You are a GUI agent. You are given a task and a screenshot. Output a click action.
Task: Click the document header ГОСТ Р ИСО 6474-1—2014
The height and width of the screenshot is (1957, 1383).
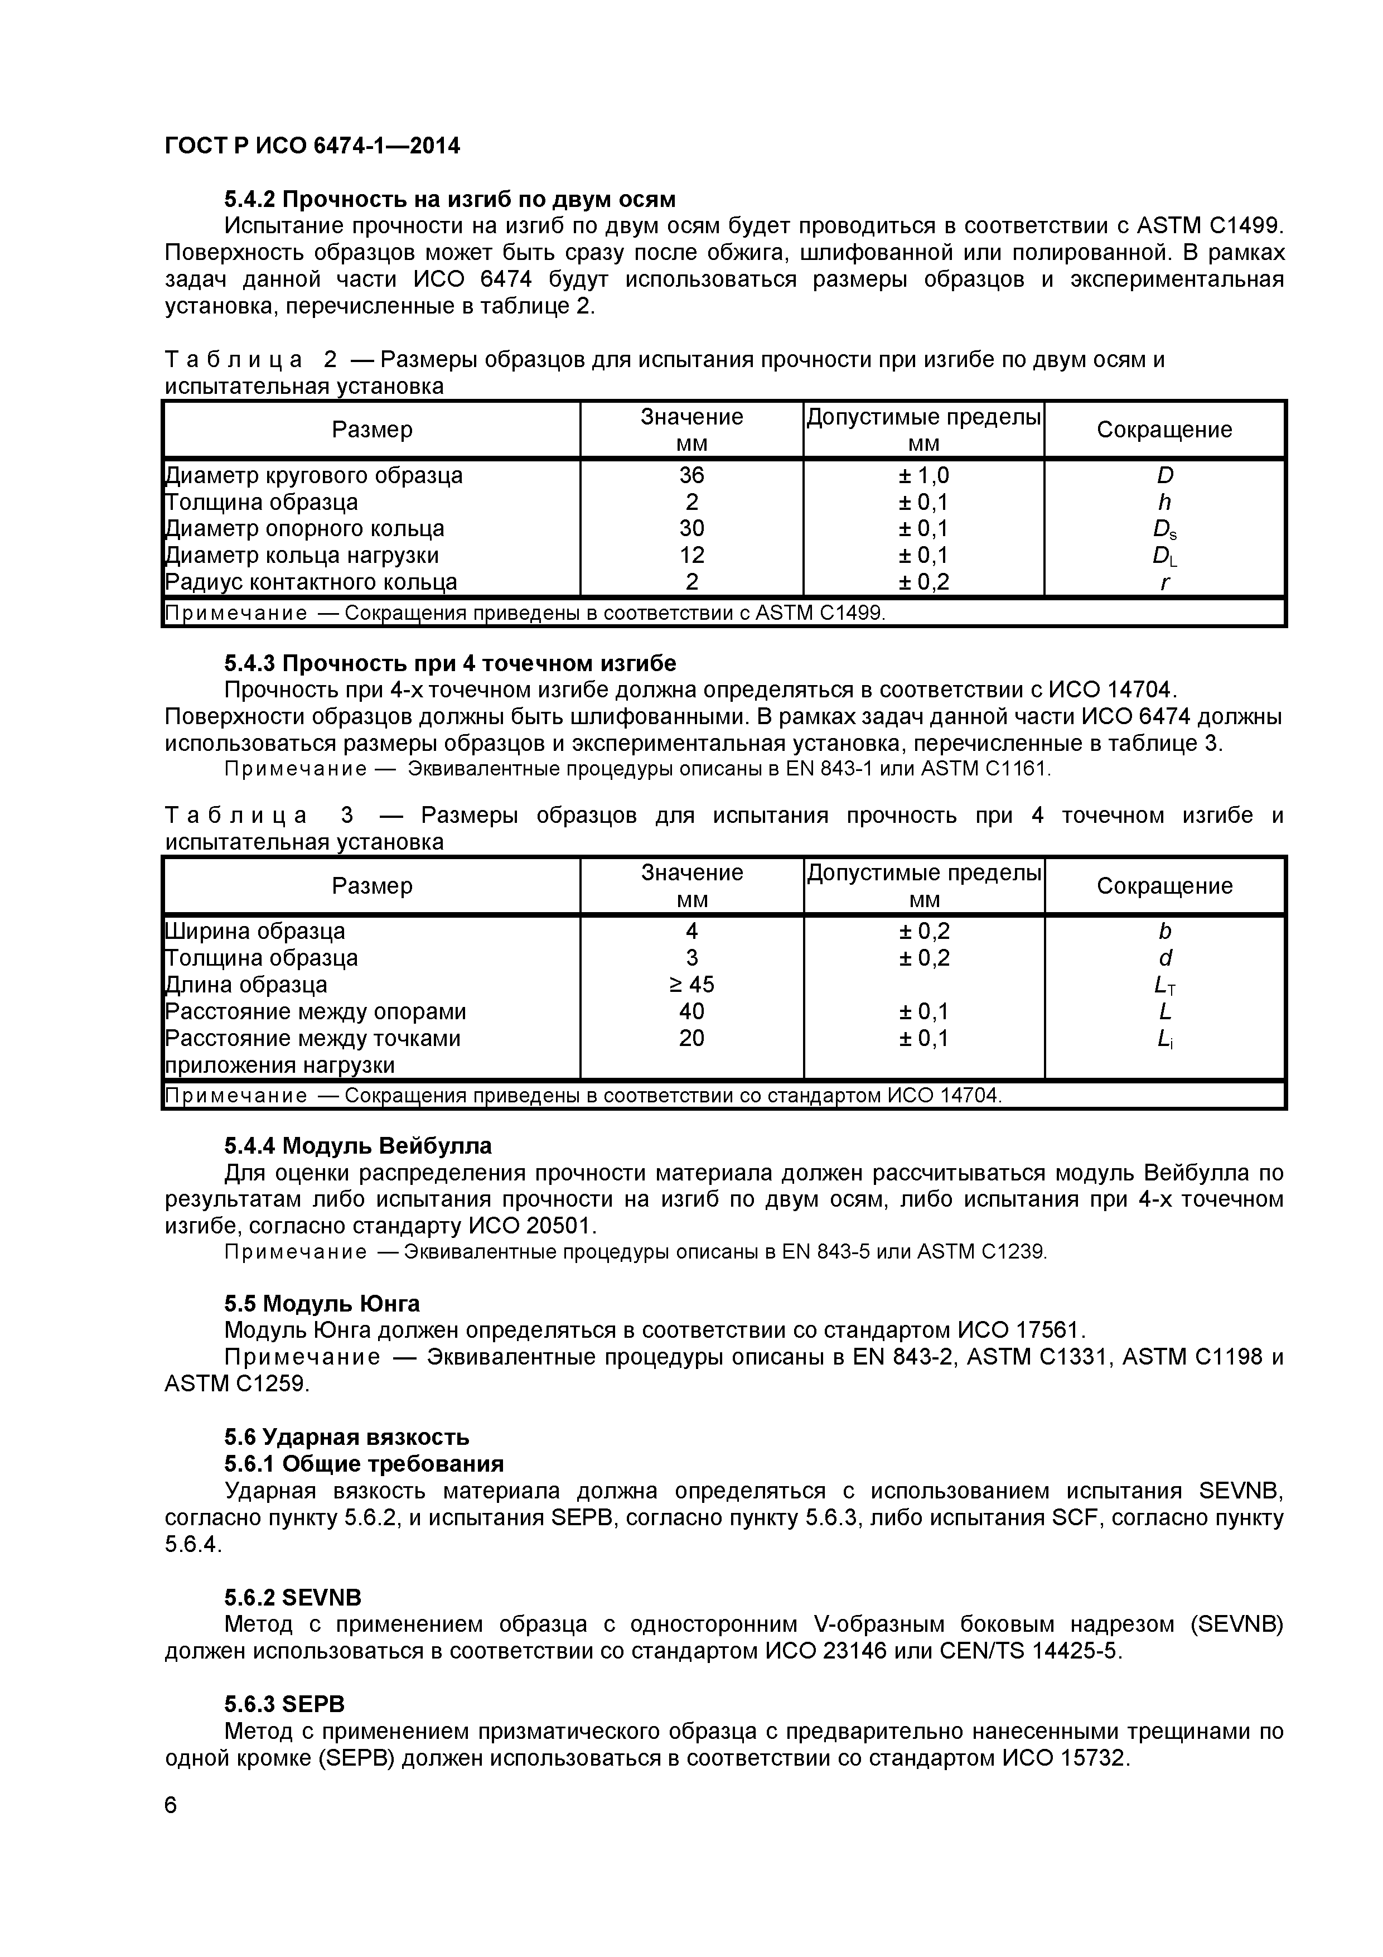[312, 147]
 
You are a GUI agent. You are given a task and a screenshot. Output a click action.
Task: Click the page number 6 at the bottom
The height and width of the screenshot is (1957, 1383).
[171, 1805]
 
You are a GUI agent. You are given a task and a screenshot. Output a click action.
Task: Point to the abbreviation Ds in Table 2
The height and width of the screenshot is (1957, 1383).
[1164, 530]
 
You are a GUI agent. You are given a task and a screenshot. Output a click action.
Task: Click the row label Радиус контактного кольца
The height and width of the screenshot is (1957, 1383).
[311, 582]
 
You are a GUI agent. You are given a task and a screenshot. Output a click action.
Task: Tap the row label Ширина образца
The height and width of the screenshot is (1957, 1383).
[255, 932]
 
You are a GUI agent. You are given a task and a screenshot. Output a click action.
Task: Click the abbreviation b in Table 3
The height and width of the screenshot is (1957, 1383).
[1164, 932]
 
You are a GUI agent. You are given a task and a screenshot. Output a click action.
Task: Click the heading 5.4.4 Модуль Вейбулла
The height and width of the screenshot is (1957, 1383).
[358, 1145]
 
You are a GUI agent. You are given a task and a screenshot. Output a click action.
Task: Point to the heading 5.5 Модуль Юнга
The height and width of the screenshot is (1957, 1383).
[322, 1304]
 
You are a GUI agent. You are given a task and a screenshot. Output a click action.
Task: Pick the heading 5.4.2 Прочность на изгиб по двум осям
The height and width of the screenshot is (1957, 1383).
[450, 200]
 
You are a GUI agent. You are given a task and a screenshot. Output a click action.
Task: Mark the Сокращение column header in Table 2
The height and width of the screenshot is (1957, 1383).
[1164, 430]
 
